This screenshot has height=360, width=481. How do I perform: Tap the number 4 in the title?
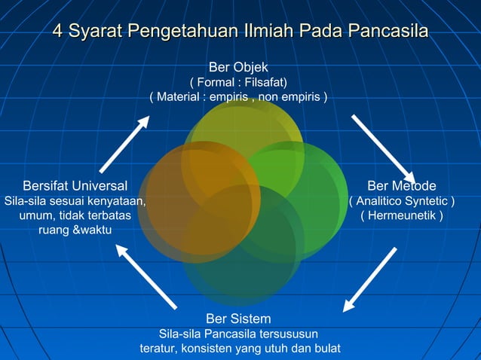point(57,32)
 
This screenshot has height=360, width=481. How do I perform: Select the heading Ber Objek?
point(238,67)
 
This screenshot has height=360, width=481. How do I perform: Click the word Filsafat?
point(262,82)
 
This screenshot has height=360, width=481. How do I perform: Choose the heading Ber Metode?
point(402,186)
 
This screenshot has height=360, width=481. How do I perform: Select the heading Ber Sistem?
point(238,319)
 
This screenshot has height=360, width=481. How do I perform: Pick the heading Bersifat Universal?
point(75,186)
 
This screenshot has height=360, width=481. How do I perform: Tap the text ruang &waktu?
point(75,230)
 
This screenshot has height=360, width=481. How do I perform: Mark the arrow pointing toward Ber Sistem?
point(369,279)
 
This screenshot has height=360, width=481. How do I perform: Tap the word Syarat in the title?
point(95,32)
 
